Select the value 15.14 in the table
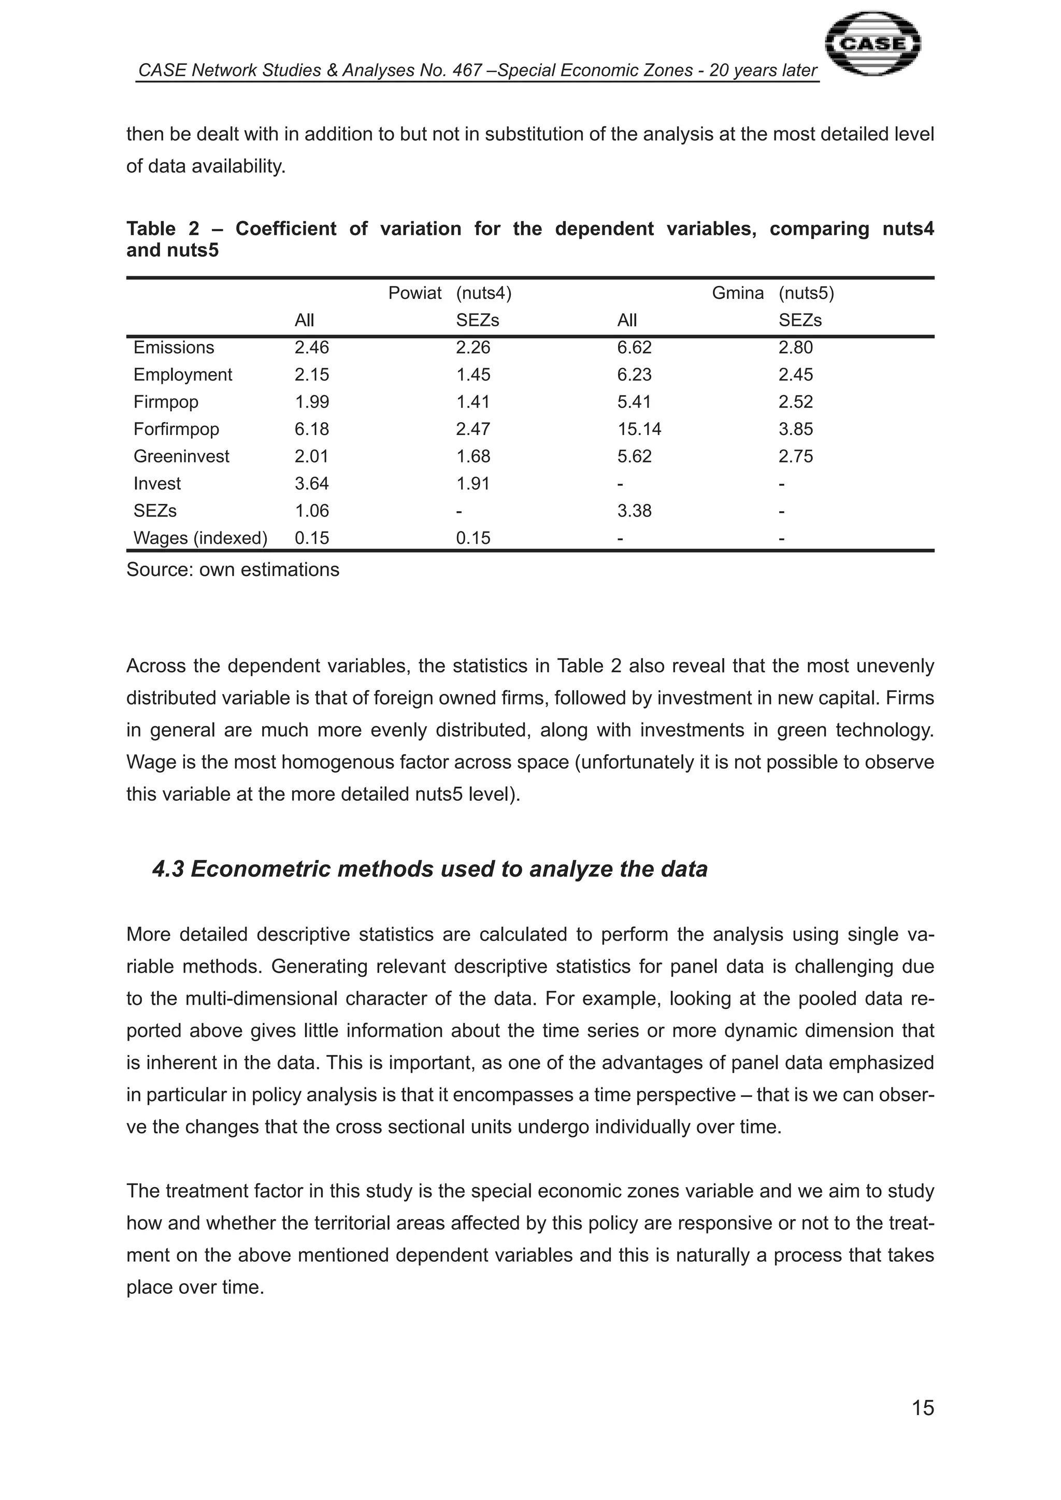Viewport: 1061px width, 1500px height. [x=639, y=429]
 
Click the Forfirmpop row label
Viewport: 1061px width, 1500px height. [x=176, y=429]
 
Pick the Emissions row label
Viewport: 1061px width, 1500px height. [x=173, y=348]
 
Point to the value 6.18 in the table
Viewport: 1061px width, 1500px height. [x=312, y=429]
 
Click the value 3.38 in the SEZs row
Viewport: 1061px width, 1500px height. [x=634, y=511]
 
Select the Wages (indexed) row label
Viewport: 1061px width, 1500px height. [x=200, y=538]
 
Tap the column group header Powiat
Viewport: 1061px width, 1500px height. [x=415, y=293]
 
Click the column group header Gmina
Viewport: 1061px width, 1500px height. [x=738, y=293]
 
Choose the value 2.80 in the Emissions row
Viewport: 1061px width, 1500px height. [x=795, y=348]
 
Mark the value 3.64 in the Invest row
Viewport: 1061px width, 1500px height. [x=312, y=483]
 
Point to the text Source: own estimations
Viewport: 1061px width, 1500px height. [x=233, y=570]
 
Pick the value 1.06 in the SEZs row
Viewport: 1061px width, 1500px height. [x=312, y=511]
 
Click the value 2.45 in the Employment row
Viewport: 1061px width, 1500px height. [x=795, y=375]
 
